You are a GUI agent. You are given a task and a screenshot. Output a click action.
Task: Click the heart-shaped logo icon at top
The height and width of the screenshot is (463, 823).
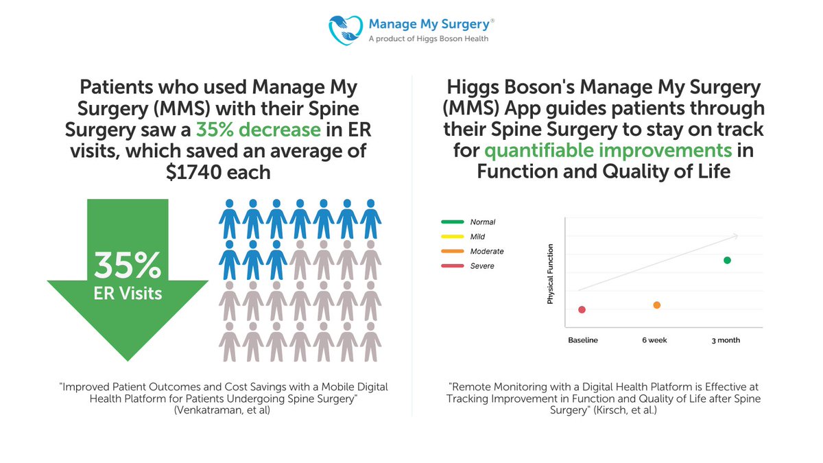(x=346, y=29)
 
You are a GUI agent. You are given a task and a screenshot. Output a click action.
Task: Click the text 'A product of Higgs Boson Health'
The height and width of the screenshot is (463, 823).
(x=429, y=39)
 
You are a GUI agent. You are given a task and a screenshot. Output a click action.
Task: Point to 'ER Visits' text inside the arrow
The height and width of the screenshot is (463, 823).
(x=128, y=294)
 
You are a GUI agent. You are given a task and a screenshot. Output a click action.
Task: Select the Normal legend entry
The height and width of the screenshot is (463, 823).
(x=482, y=222)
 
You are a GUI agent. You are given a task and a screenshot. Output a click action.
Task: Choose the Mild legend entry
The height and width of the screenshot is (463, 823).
(x=477, y=237)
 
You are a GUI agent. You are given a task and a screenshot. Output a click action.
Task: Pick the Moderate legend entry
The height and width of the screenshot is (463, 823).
(x=486, y=251)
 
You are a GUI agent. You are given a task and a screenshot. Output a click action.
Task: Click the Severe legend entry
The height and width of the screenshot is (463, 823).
(x=482, y=266)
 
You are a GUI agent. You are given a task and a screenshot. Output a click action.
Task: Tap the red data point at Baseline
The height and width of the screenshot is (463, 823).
(x=582, y=309)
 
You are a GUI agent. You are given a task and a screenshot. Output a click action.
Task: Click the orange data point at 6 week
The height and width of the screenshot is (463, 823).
(x=657, y=305)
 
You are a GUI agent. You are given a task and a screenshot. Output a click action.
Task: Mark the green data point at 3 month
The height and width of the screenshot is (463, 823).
(x=727, y=260)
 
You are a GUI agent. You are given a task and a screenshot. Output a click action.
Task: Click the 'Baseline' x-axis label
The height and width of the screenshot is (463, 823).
(x=583, y=340)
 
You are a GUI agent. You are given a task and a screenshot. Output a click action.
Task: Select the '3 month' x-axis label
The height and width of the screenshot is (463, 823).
(x=725, y=340)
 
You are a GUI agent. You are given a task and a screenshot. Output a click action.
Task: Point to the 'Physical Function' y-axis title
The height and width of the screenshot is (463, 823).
(x=550, y=274)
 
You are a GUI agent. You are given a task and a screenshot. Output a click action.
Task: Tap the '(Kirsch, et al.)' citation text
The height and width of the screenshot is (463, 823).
(x=625, y=409)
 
